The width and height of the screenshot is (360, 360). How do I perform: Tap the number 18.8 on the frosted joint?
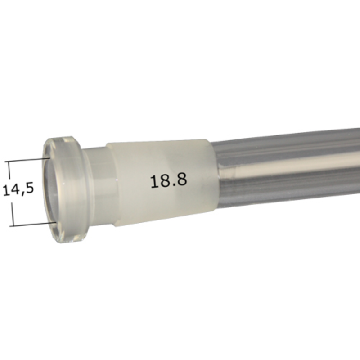(168, 180)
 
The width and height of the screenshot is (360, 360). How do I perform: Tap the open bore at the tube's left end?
(52, 189)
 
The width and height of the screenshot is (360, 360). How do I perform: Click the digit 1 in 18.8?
(154, 180)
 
